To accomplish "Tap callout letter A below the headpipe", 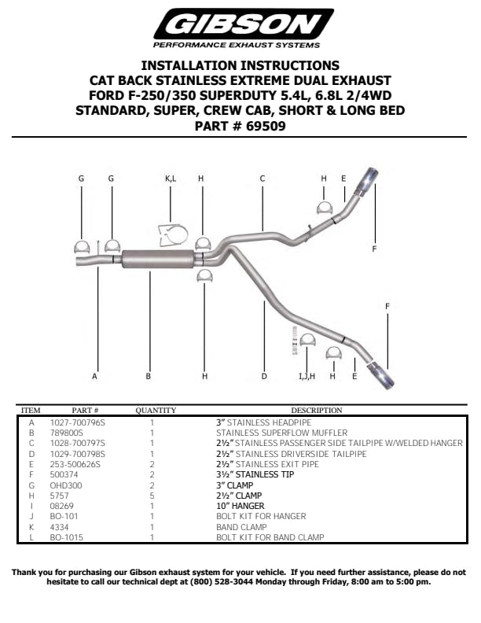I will [x=95, y=377].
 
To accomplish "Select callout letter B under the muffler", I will [x=148, y=377].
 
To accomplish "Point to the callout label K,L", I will [x=171, y=179].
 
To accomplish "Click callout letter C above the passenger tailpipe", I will [x=263, y=179].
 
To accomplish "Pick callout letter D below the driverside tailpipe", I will [x=264, y=377].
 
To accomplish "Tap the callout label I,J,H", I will [x=307, y=377].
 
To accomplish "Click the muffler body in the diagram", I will [x=158, y=258].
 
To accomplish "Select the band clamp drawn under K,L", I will [x=173, y=234].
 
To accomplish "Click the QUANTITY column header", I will [x=156, y=411].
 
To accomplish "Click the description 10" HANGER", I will [x=240, y=506].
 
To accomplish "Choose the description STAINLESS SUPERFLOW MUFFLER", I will [x=270, y=433].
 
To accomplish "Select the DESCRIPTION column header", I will [x=316, y=411].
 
